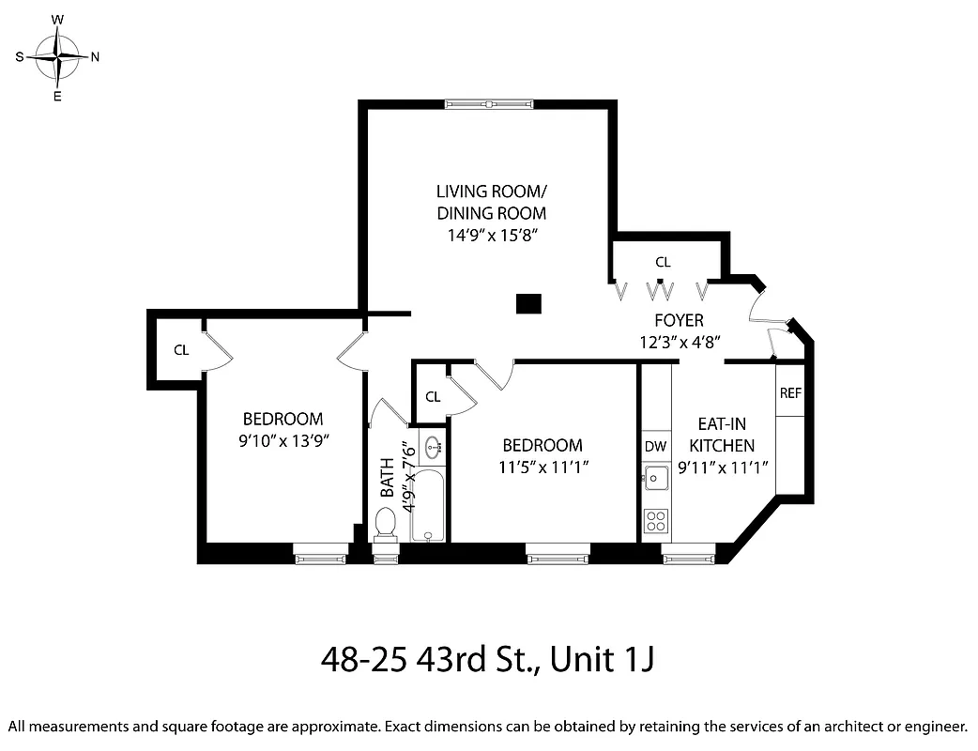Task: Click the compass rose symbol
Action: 57,56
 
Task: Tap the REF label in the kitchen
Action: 790,393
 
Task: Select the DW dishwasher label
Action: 655,446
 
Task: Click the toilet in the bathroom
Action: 385,523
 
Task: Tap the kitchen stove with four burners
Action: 656,518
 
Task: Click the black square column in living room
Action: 529,303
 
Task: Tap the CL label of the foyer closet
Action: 663,262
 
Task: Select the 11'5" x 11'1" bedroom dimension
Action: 542,466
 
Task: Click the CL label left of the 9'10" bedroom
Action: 181,350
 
